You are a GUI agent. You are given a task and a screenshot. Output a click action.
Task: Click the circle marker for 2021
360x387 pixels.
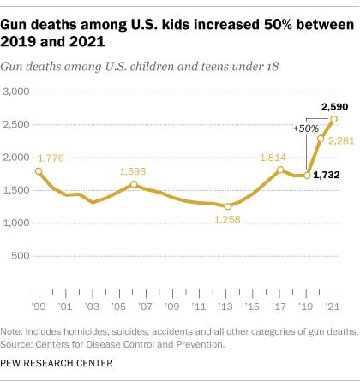click(333, 119)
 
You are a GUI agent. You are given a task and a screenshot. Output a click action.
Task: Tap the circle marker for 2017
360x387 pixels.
click(280, 170)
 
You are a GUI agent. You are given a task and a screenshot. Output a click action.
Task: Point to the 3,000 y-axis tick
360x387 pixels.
click(17, 92)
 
